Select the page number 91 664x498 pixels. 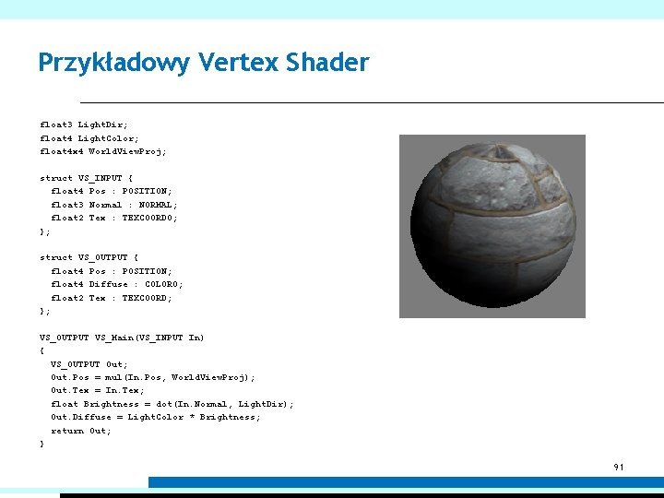click(x=619, y=468)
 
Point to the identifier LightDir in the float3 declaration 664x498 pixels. click(x=102, y=124)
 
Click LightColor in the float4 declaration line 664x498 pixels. click(x=108, y=137)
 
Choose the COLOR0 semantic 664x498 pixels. click(x=162, y=284)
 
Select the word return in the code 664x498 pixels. click(x=66, y=431)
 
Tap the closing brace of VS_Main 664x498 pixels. click(x=41, y=445)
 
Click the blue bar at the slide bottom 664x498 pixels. click(x=406, y=482)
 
